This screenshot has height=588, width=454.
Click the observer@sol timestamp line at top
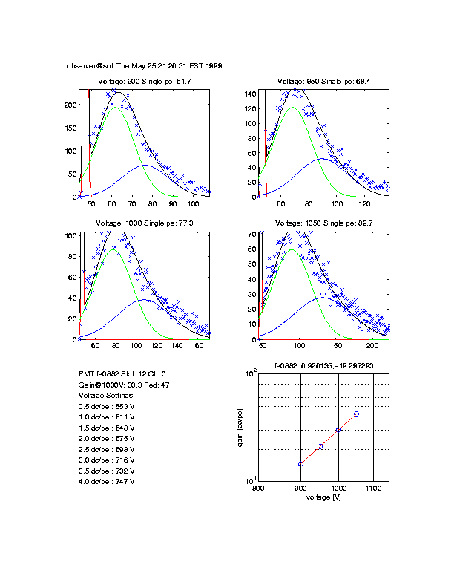[x=144, y=65]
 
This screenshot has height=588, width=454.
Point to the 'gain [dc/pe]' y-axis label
[x=240, y=428]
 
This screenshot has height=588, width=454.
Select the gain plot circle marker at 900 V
[x=300, y=464]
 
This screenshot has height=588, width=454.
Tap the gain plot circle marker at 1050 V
[x=357, y=414]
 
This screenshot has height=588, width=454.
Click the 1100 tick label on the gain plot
[x=373, y=489]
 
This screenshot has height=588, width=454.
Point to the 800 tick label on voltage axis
[x=258, y=489]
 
